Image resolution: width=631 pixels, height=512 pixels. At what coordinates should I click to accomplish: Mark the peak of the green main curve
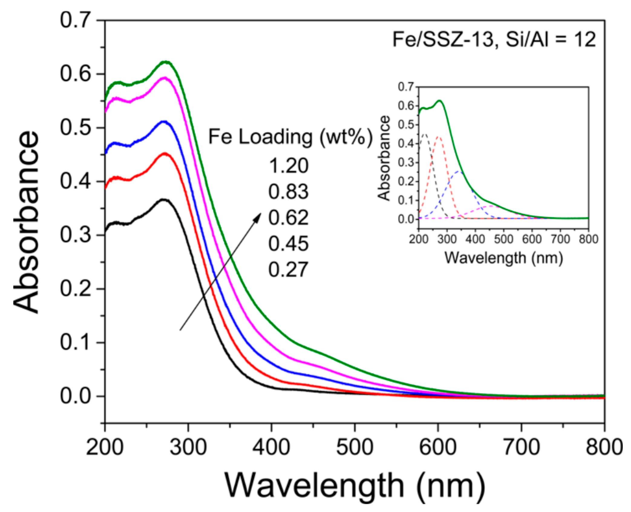pyautogui.click(x=165, y=62)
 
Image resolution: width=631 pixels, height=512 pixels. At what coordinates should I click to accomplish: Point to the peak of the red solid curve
pyautogui.click(x=165, y=154)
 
